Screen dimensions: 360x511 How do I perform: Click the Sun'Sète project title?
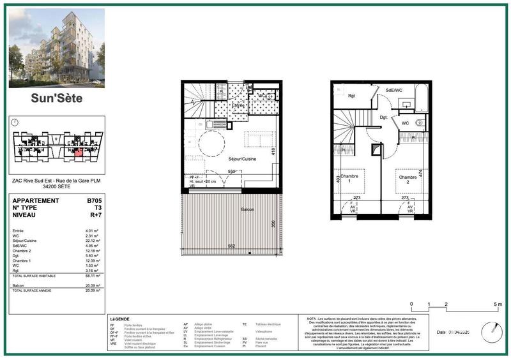[x=57, y=99]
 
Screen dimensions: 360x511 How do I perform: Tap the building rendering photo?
[x=57, y=48]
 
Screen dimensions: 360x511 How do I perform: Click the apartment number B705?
[x=94, y=200]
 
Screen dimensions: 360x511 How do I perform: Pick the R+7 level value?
[x=95, y=216]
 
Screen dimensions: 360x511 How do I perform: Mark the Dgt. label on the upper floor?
[x=383, y=117]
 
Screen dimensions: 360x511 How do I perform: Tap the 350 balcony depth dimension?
[x=271, y=224]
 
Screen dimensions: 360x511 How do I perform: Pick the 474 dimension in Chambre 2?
[x=421, y=172]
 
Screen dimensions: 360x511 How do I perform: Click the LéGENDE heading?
[x=119, y=318]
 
